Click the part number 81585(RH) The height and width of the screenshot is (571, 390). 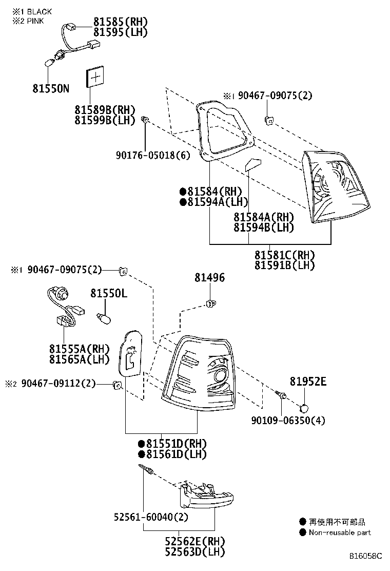click(120, 22)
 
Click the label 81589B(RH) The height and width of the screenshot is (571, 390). click(104, 110)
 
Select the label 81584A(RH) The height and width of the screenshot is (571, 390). click(263, 217)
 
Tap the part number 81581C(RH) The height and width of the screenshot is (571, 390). click(285, 255)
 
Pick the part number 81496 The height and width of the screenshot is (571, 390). click(209, 278)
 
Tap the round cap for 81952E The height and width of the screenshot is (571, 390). click(304, 408)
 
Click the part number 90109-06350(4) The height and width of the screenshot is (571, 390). click(288, 421)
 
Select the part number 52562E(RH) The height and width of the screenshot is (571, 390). click(194, 541)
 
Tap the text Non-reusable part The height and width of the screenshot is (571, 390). click(339, 532)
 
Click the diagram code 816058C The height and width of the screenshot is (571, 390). click(366, 556)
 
